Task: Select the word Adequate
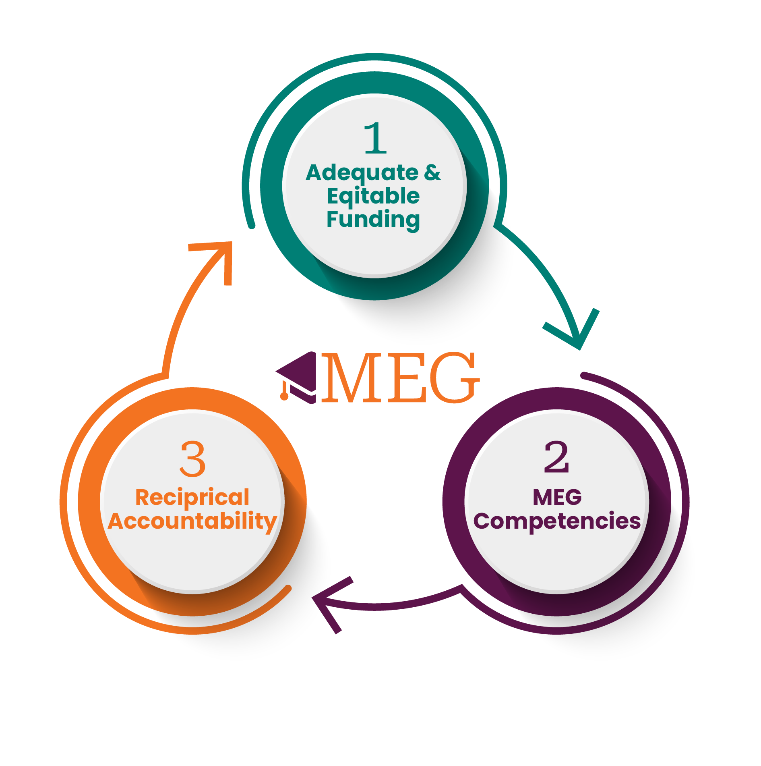click(x=362, y=173)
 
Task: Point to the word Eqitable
click(x=373, y=197)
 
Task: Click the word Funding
click(x=373, y=220)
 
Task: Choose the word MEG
click(x=557, y=497)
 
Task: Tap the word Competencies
click(x=557, y=521)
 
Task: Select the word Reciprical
click(x=192, y=498)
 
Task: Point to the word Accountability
click(x=192, y=521)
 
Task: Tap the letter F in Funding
click(x=333, y=219)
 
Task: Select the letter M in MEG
click(x=542, y=497)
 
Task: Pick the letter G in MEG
click(x=573, y=497)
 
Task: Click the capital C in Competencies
click(x=482, y=521)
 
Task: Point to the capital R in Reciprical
click(x=143, y=497)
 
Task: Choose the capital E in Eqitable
click(x=333, y=196)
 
